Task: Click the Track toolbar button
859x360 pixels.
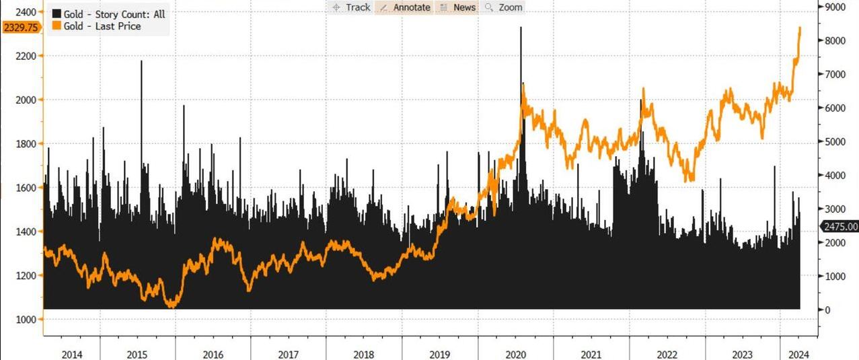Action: (x=350, y=7)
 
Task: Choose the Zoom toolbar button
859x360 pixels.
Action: (x=504, y=7)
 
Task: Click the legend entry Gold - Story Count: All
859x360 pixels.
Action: (x=108, y=14)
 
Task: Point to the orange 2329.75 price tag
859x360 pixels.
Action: (x=21, y=27)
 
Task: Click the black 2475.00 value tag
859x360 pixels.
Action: (x=839, y=227)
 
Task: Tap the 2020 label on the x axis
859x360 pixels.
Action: (x=515, y=354)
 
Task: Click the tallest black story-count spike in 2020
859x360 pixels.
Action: (x=520, y=28)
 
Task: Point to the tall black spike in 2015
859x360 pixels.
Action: (x=141, y=62)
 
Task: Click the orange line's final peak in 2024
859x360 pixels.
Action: (x=800, y=28)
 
